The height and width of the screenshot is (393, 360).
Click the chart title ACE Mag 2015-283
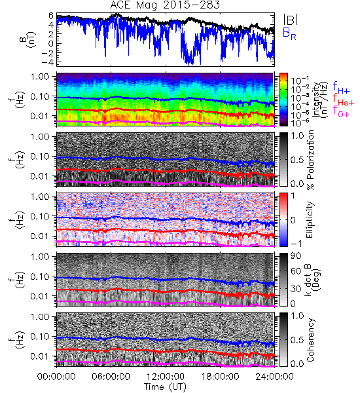(165, 5)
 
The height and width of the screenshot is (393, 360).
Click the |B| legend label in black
(290, 20)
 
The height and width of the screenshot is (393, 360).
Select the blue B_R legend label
(289, 33)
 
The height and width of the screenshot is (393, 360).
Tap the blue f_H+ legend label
(341, 88)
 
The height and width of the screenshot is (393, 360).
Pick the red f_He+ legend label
(343, 100)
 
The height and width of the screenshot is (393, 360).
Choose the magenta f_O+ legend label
(341, 111)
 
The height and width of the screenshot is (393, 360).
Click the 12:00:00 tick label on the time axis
(166, 377)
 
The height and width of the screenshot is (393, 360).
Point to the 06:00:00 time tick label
(111, 377)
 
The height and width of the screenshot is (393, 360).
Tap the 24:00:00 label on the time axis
(274, 377)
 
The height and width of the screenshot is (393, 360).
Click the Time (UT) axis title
(165, 386)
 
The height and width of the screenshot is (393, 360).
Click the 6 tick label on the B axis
(51, 16)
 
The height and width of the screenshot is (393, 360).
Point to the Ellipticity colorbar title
(310, 220)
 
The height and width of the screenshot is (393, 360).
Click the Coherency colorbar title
(310, 340)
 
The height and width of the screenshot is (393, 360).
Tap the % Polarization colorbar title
(310, 160)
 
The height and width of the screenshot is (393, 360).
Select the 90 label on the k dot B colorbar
(296, 256)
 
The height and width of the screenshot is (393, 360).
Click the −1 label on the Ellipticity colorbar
(296, 244)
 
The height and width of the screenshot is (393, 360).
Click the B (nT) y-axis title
(27, 39)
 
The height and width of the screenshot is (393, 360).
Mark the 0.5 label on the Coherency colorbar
(297, 340)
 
